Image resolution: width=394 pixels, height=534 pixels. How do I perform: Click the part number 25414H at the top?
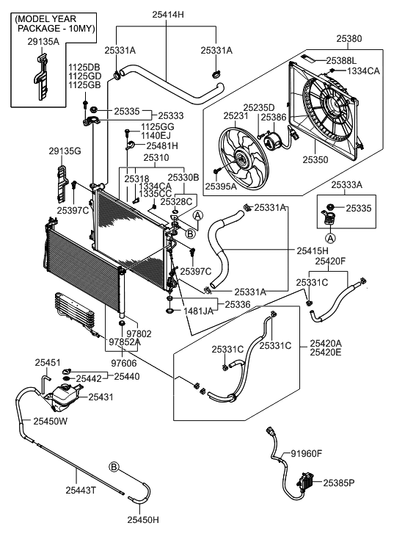[168, 14]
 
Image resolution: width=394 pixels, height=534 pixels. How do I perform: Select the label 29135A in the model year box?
[43, 42]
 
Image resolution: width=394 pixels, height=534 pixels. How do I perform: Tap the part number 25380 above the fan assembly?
[349, 38]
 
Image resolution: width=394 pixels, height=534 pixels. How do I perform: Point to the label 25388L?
[341, 61]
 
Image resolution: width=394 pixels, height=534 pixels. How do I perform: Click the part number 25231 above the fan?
[236, 116]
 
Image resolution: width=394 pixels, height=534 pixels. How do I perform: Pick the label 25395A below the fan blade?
[220, 186]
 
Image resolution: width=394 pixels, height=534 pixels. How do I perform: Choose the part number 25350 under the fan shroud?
[315, 159]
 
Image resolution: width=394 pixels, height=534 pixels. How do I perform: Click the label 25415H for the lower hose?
[313, 250]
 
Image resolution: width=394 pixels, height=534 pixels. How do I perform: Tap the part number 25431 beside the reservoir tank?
[101, 397]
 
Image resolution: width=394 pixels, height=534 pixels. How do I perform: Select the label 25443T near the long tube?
[81, 490]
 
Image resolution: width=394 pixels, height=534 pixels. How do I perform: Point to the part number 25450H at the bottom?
[143, 520]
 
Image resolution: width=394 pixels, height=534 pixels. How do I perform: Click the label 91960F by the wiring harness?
[306, 453]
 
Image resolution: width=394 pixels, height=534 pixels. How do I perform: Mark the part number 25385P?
[338, 483]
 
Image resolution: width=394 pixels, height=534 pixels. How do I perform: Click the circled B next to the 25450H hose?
[114, 466]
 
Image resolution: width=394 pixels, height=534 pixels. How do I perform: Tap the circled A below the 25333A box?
[330, 238]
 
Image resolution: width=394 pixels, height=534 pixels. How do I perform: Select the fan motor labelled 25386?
[272, 140]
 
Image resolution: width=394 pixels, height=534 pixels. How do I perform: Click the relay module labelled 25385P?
[305, 481]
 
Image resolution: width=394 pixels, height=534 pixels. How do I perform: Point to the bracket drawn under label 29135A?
[42, 76]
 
